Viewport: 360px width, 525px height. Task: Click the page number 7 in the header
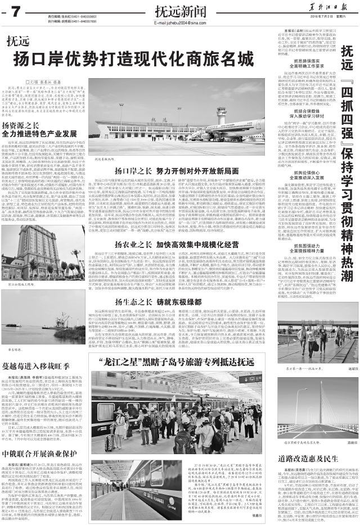pos(15,11)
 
